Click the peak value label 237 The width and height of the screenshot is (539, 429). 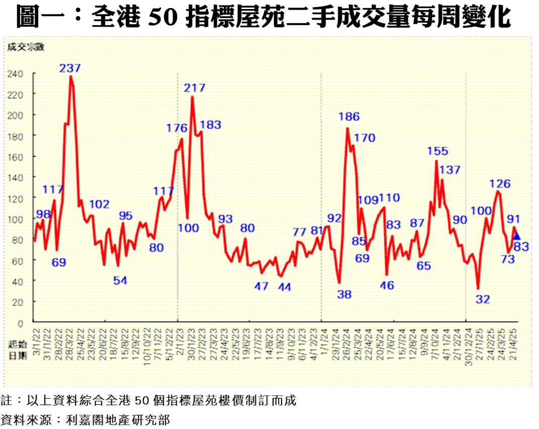(70, 68)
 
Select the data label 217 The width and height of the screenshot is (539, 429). (194, 88)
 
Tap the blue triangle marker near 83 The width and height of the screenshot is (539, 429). (516, 235)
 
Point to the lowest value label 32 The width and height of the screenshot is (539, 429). (483, 299)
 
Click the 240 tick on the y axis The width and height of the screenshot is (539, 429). (15, 74)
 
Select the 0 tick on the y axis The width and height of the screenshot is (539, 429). (20, 323)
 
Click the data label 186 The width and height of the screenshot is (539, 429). (349, 116)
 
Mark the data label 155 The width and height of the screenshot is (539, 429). (437, 151)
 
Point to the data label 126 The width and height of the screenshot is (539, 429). (500, 184)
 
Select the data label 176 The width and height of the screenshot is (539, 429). (177, 128)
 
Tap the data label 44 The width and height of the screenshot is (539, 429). (284, 287)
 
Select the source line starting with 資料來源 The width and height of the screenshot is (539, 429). (85, 419)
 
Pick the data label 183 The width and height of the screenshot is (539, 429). (211, 125)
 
